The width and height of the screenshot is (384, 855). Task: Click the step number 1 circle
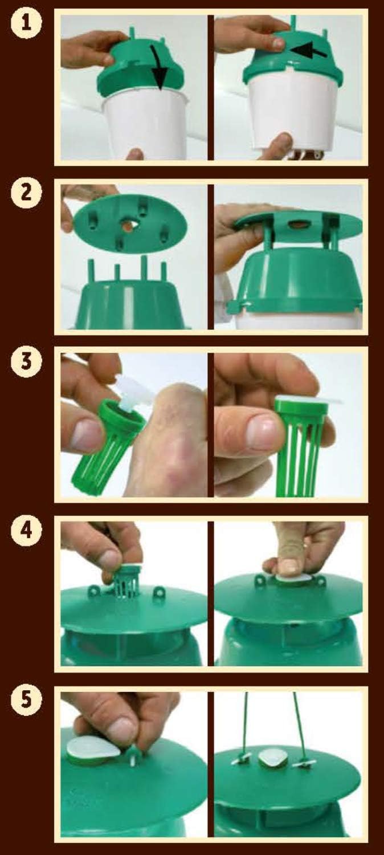click(26, 24)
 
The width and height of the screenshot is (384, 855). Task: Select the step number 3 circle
click(26, 361)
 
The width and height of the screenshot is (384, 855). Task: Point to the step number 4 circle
click(26, 531)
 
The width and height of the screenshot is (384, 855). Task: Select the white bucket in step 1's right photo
click(293, 111)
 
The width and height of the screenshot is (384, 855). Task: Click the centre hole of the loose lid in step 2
click(126, 226)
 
